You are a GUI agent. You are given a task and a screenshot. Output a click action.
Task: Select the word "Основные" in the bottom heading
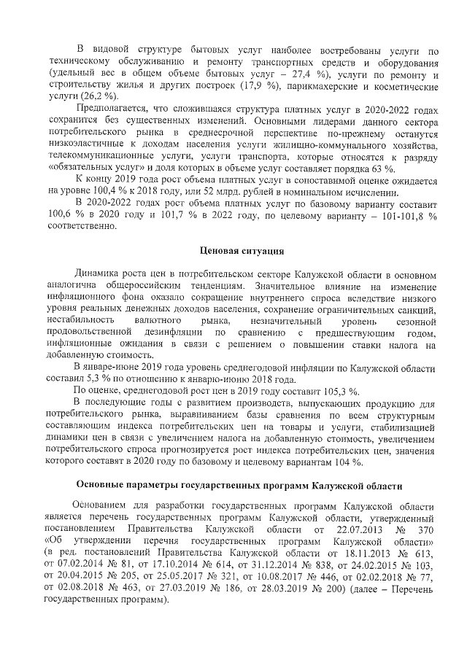click(x=107, y=484)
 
